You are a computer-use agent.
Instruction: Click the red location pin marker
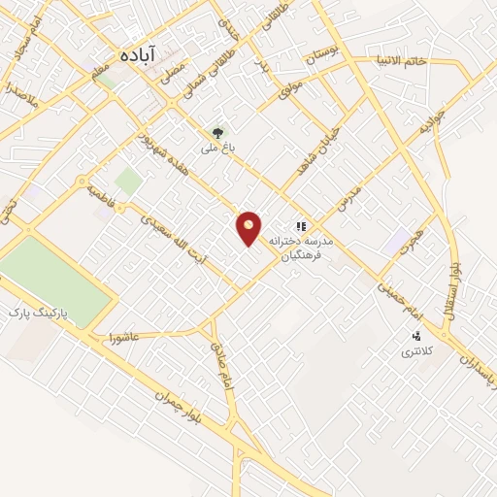249,227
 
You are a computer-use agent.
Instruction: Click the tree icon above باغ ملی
217,133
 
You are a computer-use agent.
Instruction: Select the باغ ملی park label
217,149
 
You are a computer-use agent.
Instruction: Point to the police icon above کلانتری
416,336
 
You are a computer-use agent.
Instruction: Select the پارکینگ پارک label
38,315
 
